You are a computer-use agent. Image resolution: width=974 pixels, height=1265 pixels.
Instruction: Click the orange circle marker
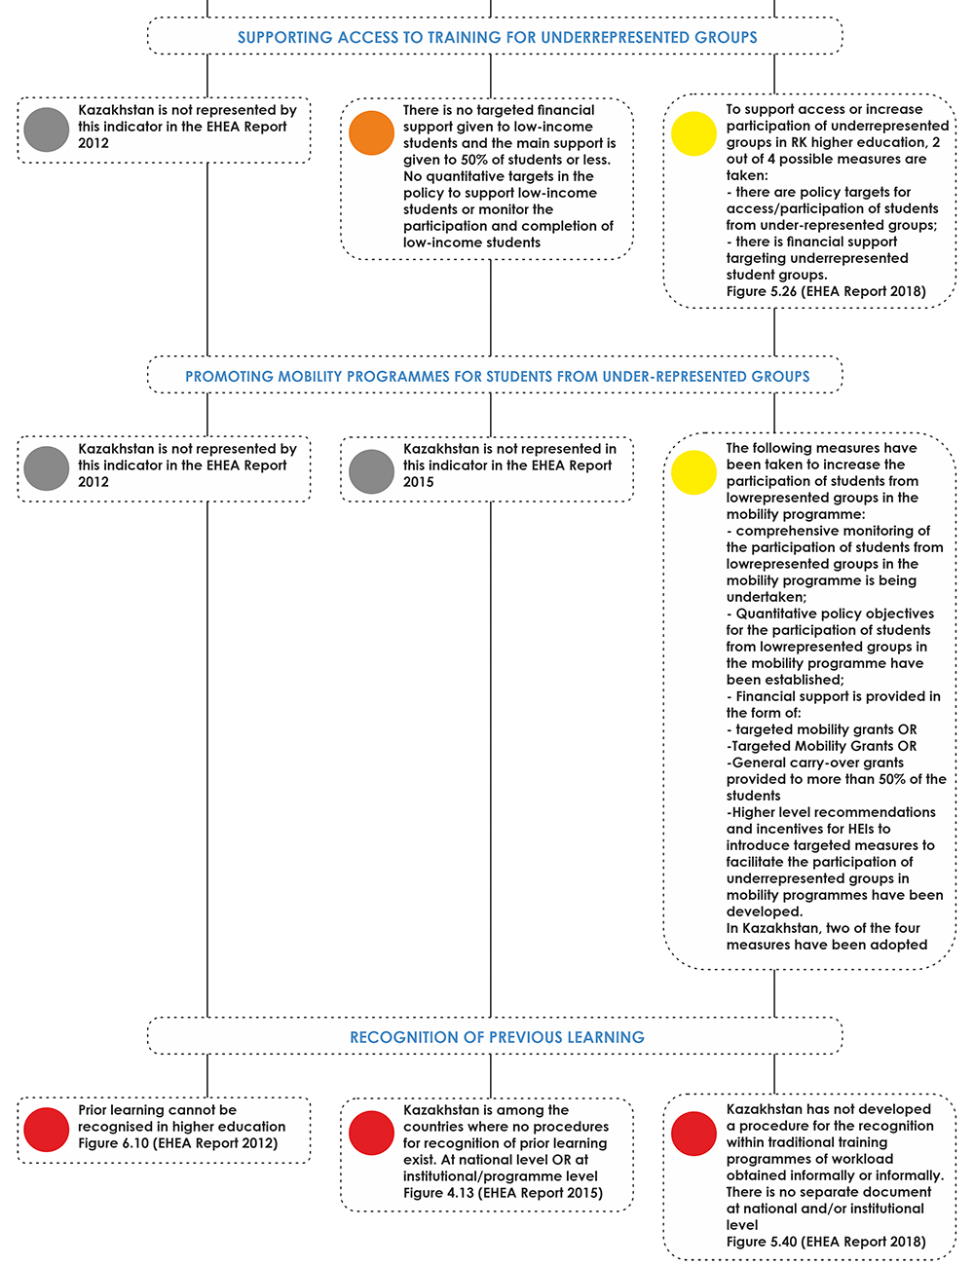(371, 132)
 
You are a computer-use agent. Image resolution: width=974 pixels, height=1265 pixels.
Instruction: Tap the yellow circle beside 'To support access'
(693, 133)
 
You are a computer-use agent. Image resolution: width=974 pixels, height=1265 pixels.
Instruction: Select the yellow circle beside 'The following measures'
(693, 472)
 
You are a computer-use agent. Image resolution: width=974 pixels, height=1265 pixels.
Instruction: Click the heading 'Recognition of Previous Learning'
(497, 1037)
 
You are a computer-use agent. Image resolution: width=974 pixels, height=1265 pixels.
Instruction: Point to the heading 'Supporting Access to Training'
(497, 37)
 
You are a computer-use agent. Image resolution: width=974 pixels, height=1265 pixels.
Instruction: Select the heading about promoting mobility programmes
(497, 376)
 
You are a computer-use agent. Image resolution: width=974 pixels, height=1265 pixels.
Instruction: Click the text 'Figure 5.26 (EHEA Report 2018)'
(826, 291)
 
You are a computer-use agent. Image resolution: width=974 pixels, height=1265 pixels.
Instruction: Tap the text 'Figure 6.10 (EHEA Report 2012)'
(178, 1142)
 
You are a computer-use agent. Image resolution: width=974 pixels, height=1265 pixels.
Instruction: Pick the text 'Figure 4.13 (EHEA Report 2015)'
(503, 1193)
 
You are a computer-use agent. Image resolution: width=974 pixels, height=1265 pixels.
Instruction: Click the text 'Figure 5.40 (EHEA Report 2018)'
(826, 1242)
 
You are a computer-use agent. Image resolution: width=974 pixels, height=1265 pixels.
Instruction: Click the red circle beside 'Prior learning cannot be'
(47, 1130)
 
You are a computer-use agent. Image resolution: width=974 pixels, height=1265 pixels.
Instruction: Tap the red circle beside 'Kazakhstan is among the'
(371, 1133)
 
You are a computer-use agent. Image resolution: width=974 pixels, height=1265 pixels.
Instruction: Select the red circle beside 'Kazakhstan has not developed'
(693, 1134)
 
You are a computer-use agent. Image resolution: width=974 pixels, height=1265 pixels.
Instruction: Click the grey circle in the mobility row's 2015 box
(371, 471)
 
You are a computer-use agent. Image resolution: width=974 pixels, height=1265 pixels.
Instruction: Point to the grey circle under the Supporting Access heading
(47, 130)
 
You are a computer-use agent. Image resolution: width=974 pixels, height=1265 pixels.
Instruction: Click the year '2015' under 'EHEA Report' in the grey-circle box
(419, 482)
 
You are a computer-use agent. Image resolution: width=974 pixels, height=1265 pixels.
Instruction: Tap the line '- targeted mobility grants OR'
(821, 729)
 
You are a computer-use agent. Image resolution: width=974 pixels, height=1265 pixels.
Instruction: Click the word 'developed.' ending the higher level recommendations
(765, 912)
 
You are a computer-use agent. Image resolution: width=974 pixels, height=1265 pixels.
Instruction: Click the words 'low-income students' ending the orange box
(471, 242)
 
